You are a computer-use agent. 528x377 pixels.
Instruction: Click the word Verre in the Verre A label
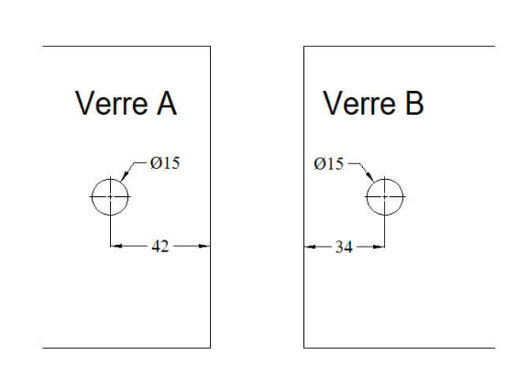[x=112, y=103]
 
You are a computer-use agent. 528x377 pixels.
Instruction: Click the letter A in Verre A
[x=167, y=103]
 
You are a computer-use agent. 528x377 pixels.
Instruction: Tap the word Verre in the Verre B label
[x=359, y=103]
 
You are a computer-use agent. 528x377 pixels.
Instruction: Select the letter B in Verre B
[x=414, y=103]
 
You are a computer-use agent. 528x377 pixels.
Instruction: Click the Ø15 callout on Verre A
[x=165, y=163]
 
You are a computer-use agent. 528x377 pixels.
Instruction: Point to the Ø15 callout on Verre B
[x=329, y=164]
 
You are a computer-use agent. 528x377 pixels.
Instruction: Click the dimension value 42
[x=160, y=246]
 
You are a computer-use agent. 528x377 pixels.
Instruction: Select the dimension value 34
[x=344, y=247]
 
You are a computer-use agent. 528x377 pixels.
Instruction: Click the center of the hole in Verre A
[x=110, y=196]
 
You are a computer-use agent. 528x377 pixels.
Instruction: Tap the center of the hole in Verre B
[x=385, y=196]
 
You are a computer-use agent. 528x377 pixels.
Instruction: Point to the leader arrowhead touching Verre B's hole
[x=370, y=176]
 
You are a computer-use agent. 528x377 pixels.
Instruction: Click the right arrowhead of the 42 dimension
[x=204, y=246]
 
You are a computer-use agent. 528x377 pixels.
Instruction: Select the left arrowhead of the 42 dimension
[x=116, y=246]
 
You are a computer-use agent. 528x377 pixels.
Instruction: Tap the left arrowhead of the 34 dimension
[x=310, y=247]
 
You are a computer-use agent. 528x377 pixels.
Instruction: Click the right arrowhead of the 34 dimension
[x=379, y=247]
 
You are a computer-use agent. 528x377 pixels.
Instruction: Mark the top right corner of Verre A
[x=211, y=46]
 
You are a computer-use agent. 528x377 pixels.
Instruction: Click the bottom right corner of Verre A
[x=211, y=348]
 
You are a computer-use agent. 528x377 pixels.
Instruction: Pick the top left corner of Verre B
[x=304, y=46]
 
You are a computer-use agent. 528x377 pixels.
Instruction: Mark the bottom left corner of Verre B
[x=304, y=348]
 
